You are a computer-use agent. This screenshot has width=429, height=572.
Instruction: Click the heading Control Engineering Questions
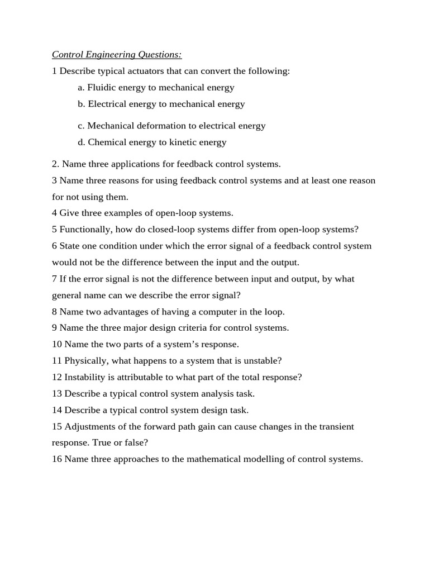pos(117,55)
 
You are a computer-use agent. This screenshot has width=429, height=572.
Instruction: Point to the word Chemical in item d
pos(106,142)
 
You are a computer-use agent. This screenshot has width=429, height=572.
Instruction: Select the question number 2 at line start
pos(55,164)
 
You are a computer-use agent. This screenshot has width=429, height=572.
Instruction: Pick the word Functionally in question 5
pos(84,230)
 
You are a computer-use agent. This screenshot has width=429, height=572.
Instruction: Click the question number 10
pos(56,345)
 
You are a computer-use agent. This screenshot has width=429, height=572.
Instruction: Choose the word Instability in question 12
pos(84,377)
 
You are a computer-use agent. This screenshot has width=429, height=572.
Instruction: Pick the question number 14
pos(56,410)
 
